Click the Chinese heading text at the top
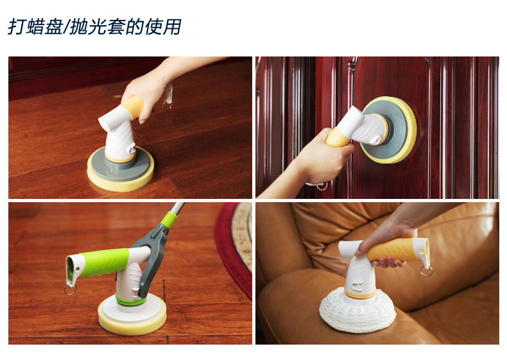(x=94, y=26)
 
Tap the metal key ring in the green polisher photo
(x=70, y=289)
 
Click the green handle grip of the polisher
(x=103, y=262)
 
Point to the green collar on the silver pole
(x=169, y=220)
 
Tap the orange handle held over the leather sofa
(x=394, y=250)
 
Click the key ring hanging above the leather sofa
(x=427, y=271)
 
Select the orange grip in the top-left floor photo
(x=132, y=107)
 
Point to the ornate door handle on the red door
(x=352, y=65)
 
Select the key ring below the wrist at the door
(x=322, y=186)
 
